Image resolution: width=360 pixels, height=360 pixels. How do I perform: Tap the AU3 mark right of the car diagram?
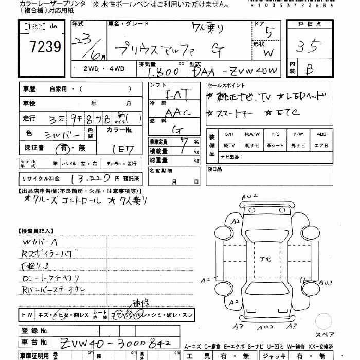pyautogui.click(x=325, y=282)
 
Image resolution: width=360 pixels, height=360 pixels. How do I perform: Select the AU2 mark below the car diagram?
pyautogui.click(x=265, y=327)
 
